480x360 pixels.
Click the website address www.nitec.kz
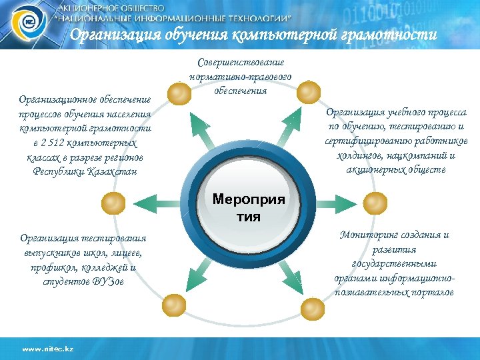point(47,349)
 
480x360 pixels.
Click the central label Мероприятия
point(248,208)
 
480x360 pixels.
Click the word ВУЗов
point(109,282)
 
